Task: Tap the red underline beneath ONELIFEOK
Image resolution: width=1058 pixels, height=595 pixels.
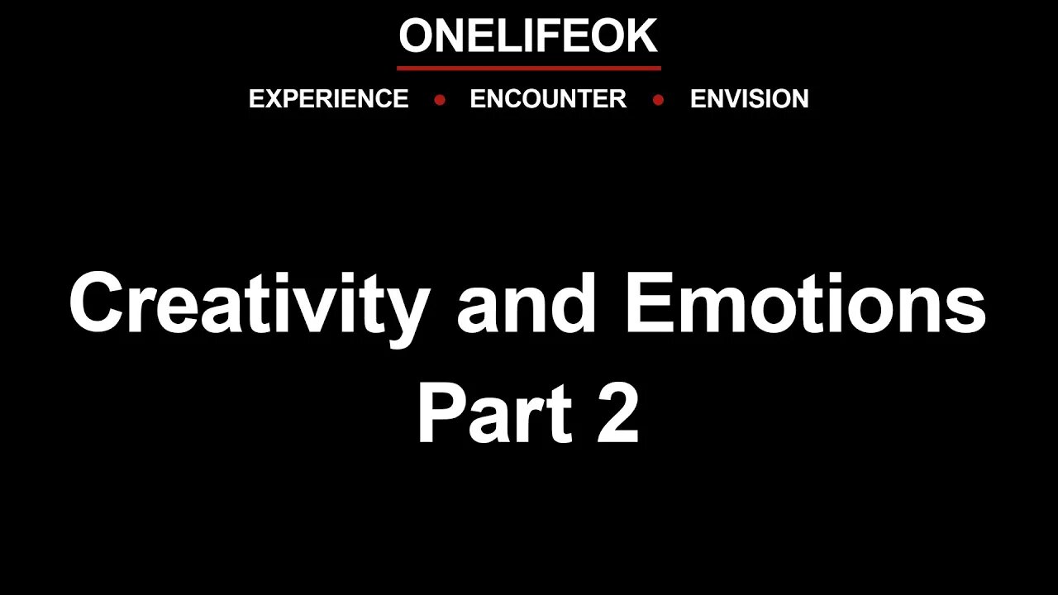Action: (528, 68)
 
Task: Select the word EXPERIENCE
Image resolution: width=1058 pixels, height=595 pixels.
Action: (328, 99)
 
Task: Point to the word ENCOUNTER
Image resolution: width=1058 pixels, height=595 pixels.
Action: (547, 99)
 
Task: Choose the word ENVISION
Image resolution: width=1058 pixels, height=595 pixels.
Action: (749, 99)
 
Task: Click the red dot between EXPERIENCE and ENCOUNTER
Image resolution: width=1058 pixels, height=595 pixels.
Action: (440, 100)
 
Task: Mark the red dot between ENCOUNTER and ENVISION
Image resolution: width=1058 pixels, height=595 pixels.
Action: (658, 100)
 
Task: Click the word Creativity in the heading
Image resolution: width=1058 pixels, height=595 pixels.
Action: (248, 304)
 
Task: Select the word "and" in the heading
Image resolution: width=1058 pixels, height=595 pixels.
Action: (527, 304)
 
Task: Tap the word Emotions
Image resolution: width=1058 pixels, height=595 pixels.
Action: (806, 304)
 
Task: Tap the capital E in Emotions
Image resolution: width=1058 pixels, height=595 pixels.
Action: (650, 304)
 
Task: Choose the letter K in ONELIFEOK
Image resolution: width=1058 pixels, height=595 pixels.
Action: (640, 36)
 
